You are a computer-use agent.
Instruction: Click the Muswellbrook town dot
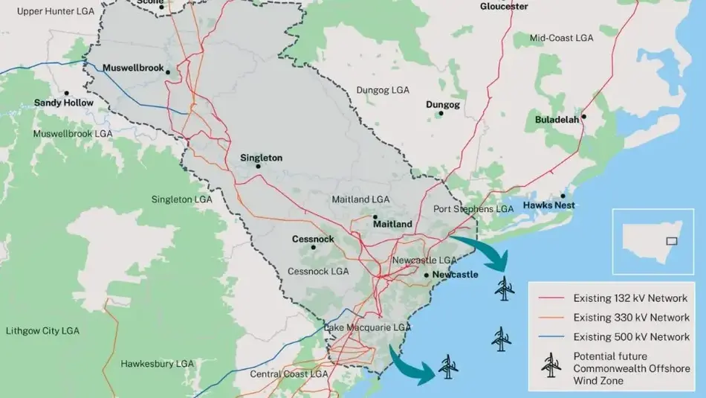coord(169,72)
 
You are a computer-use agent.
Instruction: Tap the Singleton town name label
coord(261,158)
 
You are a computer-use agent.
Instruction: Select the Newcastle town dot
coord(427,275)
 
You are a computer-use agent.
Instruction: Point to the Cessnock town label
coord(313,239)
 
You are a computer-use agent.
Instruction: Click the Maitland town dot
coord(375,217)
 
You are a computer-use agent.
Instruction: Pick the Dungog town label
coord(442,105)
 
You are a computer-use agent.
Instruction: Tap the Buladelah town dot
coord(584,116)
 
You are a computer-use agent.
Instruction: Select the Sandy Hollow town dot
coord(66,94)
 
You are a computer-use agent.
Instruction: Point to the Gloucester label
coord(504,7)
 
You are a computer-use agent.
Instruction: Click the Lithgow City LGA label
coord(42,330)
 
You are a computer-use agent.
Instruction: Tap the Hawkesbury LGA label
coord(157,364)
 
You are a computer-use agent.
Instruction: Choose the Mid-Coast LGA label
coord(561,38)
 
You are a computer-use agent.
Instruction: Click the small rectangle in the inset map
coord(672,240)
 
